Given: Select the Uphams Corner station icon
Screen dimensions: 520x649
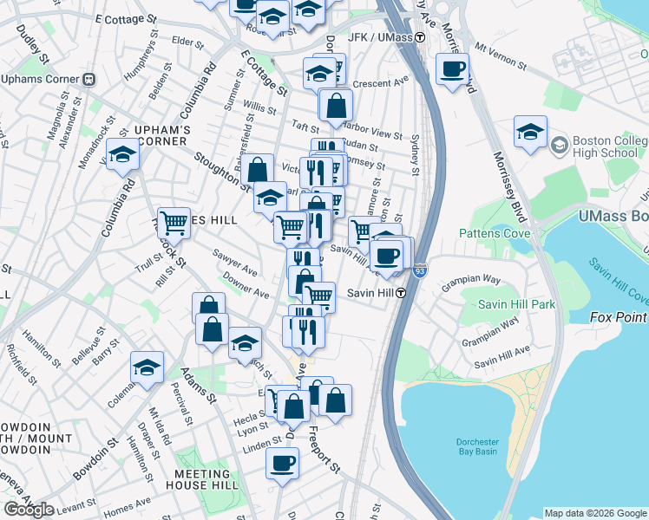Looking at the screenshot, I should (88, 78).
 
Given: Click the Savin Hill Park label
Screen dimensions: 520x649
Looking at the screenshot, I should (518, 304).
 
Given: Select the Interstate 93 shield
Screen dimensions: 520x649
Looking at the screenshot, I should (420, 270).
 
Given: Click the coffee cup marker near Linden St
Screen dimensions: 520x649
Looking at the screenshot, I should (281, 464).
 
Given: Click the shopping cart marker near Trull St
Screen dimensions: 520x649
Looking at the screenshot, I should (174, 223).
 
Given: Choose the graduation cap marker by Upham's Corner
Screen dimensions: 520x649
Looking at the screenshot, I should (122, 156).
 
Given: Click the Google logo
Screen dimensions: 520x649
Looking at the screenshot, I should (29, 510).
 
